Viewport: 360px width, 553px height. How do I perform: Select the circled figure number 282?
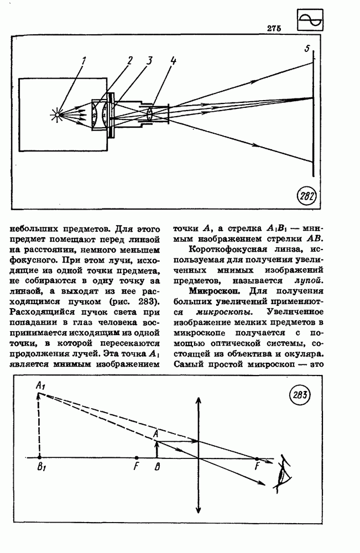click(307, 195)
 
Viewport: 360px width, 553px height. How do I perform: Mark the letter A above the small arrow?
click(156, 434)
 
